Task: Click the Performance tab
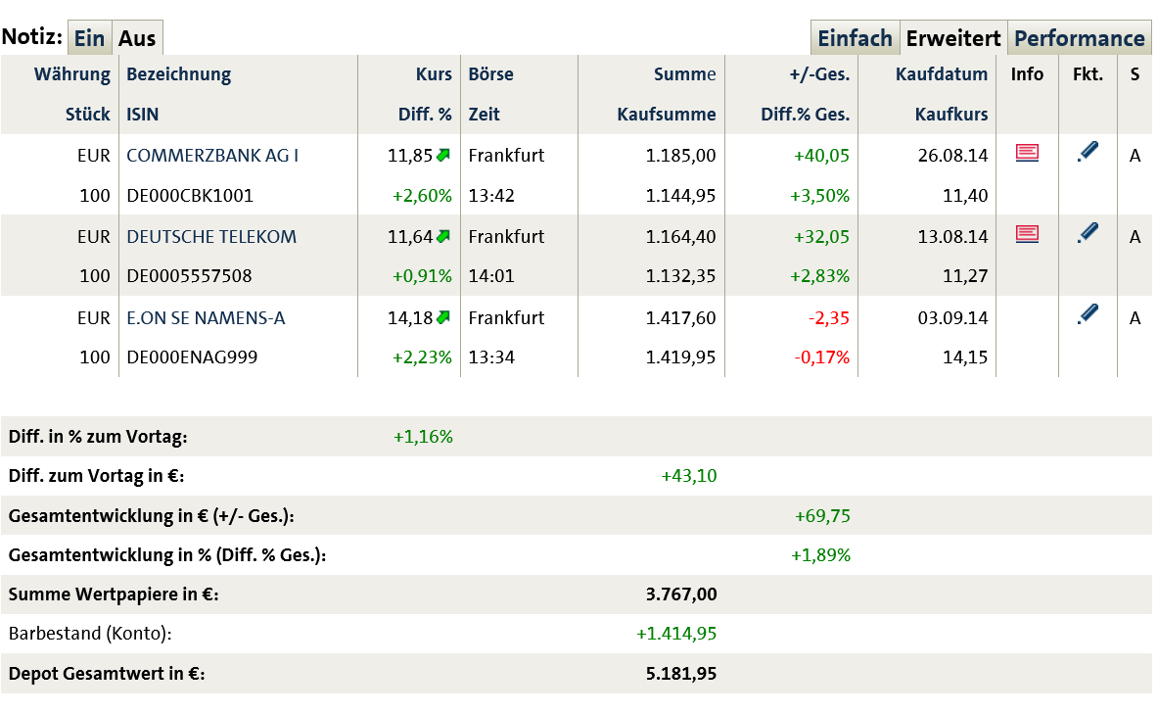(1079, 39)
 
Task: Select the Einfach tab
(855, 39)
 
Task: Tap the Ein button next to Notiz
(89, 39)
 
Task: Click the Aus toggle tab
(137, 39)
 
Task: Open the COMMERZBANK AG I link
(212, 155)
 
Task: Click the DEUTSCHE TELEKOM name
(211, 236)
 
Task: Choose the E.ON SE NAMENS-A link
(206, 317)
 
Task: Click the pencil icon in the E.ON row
(1087, 314)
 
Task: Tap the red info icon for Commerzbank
(1027, 152)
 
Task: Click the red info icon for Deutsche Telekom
(1027, 233)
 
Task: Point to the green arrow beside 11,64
(443, 235)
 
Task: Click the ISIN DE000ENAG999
(192, 357)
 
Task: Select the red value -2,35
(828, 317)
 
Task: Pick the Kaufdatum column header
(942, 74)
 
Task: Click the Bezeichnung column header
(179, 74)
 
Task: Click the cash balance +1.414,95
(676, 634)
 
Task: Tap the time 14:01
(491, 276)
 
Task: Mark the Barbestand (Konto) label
(90, 634)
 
